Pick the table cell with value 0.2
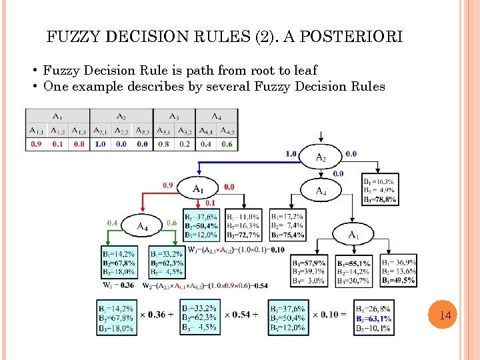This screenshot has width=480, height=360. [x=185, y=144]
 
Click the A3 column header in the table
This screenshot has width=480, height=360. [x=175, y=116]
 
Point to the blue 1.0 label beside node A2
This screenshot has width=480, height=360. [x=291, y=153]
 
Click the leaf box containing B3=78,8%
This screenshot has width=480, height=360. [x=380, y=190]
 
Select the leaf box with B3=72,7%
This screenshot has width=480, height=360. [x=244, y=226]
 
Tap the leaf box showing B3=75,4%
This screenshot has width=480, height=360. [x=288, y=226]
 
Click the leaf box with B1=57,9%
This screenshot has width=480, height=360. [x=309, y=272]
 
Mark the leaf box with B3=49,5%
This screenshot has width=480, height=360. [x=399, y=272]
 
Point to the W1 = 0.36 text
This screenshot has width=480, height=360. [x=117, y=285]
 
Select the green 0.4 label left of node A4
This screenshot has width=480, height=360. [x=113, y=223]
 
